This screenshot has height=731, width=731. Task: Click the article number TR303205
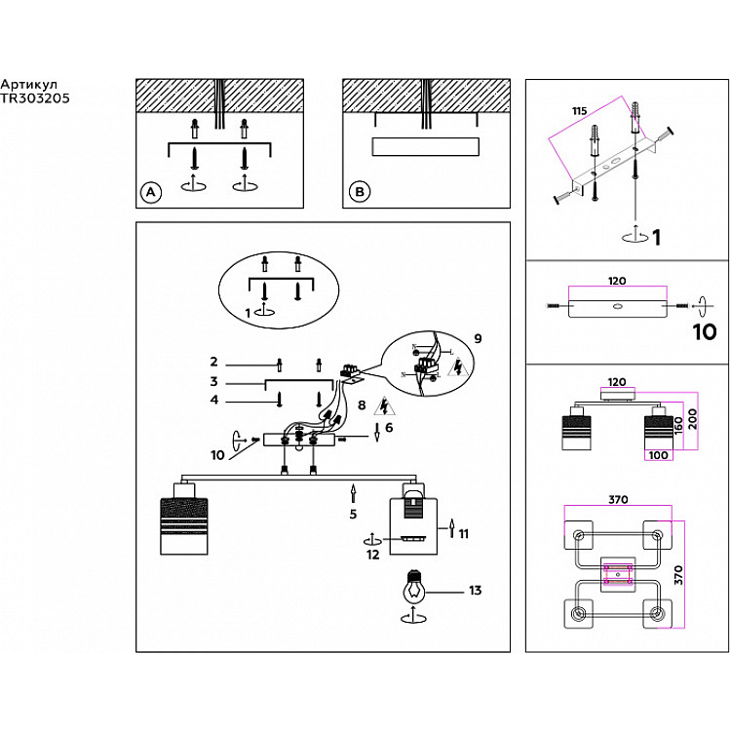pyautogui.click(x=35, y=97)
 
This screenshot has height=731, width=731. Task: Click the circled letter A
pyautogui.click(x=150, y=193)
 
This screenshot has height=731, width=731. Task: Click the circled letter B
pyautogui.click(x=359, y=193)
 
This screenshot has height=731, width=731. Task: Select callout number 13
pyautogui.click(x=475, y=590)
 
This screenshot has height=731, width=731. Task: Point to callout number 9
pyautogui.click(x=477, y=339)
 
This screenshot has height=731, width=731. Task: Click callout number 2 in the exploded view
pyautogui.click(x=212, y=362)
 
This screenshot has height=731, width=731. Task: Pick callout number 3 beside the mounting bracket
pyautogui.click(x=212, y=382)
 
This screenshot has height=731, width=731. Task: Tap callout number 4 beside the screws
pyautogui.click(x=212, y=400)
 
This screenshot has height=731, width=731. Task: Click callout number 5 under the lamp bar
pyautogui.click(x=353, y=514)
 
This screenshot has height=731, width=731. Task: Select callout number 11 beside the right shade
pyautogui.click(x=464, y=533)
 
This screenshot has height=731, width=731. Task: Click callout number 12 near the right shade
pyautogui.click(x=372, y=555)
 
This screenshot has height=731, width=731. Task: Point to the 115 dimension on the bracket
pyautogui.click(x=579, y=112)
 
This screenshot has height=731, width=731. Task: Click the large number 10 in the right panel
pyautogui.click(x=704, y=331)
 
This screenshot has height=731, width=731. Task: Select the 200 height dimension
pyautogui.click(x=691, y=419)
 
